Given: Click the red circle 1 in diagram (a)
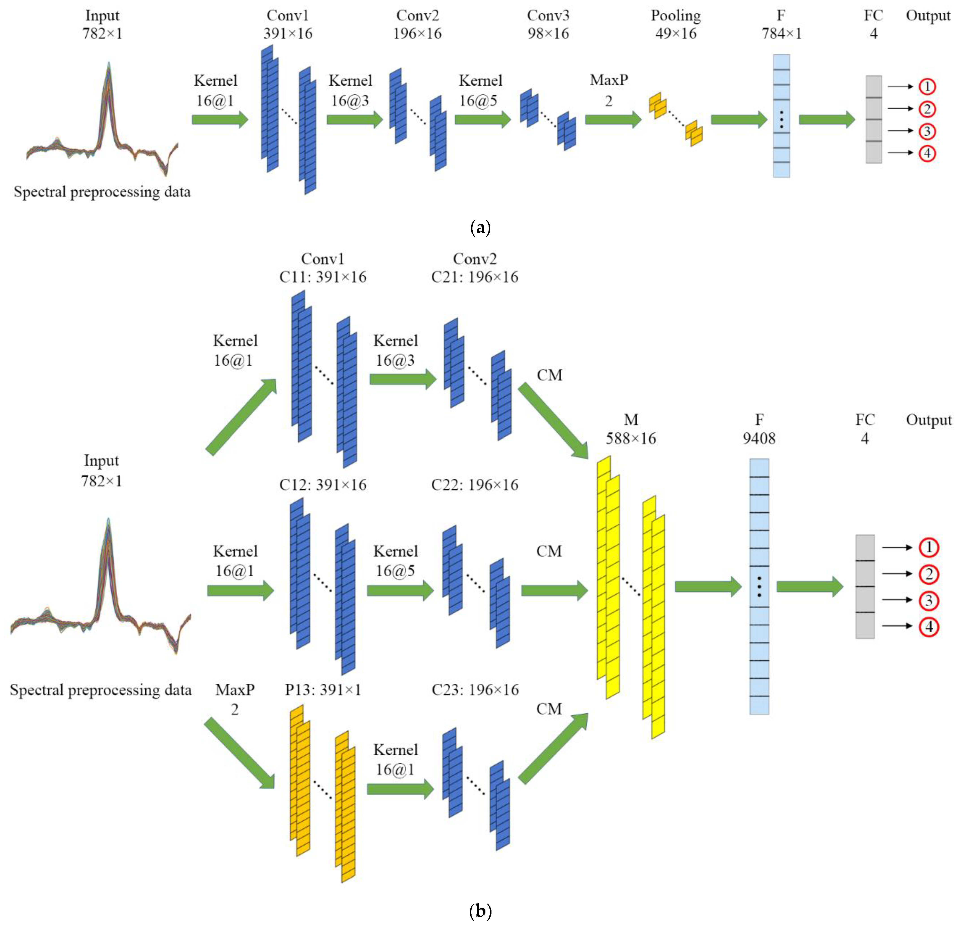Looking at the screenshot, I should coord(927,87).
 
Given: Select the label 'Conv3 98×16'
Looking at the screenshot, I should coord(548,24).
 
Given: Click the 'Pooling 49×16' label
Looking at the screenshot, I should coord(676,24).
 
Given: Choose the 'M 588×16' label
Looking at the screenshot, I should coord(631,429).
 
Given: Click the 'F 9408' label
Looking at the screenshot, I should coord(759,429).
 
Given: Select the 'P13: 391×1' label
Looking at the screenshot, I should coord(323,690).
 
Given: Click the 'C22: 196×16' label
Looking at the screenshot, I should coord(475,485).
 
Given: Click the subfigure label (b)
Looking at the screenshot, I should coord(480,911).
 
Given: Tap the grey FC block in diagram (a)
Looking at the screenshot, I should coord(873,119).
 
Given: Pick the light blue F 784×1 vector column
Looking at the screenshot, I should coord(782,116).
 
